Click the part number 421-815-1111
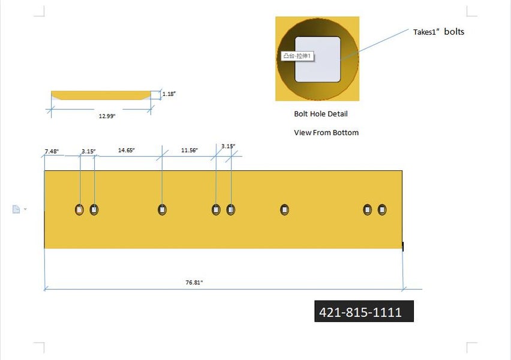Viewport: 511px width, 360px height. coord(360,312)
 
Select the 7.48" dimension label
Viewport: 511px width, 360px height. coord(52,152)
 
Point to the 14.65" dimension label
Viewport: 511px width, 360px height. coord(126,150)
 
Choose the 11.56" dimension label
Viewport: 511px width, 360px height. coord(190,150)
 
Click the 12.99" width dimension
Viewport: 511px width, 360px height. coord(107,116)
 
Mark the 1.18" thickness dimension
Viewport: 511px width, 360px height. coord(169,94)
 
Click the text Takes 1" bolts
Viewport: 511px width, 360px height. coord(438,32)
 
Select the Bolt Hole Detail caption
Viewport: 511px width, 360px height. coord(320,113)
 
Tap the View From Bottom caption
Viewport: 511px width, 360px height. coord(326,133)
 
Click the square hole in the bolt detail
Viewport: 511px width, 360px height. coord(318,59)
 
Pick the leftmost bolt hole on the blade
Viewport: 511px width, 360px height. coord(79,209)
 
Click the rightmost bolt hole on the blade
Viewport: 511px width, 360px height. coord(382,209)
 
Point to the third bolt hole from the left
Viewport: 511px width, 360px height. coord(162,209)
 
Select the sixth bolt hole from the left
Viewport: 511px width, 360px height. coord(285,209)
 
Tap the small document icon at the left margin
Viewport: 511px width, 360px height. coord(16,209)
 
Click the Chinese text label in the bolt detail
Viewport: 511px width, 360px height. coord(299,56)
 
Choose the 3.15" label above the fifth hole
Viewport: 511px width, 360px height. coord(228,146)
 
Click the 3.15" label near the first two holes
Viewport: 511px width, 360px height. coord(88,152)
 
